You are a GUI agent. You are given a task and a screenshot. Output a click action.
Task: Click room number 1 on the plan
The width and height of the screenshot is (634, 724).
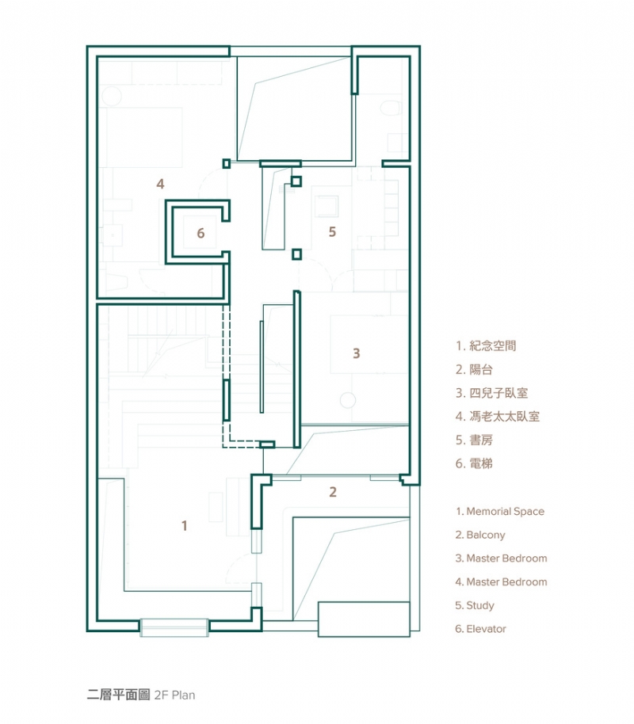(x=185, y=525)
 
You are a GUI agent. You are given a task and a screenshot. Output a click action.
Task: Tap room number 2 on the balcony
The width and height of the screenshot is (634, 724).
(x=333, y=492)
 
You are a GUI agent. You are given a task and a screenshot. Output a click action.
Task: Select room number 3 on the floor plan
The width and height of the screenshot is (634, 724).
(x=357, y=353)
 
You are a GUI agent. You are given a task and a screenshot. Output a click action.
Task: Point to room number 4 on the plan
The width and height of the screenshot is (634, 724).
(x=160, y=184)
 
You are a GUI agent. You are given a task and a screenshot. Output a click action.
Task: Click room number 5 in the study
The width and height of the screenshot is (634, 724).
(x=333, y=231)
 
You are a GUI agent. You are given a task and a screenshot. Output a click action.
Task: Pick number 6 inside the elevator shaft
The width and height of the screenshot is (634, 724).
(x=201, y=233)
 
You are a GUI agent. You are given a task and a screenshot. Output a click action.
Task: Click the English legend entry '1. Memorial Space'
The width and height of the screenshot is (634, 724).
(x=499, y=512)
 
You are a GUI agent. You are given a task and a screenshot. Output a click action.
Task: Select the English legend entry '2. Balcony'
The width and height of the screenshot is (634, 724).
(x=480, y=535)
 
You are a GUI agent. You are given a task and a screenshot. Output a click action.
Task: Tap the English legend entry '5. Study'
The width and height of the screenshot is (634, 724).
(x=475, y=605)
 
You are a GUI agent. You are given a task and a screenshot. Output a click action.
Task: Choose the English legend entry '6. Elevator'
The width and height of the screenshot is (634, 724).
(x=480, y=629)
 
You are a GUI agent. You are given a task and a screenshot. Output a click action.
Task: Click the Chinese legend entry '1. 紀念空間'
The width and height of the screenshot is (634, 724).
(x=487, y=345)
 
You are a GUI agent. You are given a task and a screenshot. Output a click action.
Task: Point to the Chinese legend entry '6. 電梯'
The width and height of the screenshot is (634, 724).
(x=474, y=463)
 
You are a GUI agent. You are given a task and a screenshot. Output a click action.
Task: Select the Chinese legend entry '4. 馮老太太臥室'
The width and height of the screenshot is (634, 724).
(x=498, y=416)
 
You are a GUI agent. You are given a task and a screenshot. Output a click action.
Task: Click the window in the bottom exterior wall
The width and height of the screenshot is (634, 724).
(x=174, y=627)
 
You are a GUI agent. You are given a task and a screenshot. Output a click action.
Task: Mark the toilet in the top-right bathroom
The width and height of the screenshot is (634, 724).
(x=391, y=108)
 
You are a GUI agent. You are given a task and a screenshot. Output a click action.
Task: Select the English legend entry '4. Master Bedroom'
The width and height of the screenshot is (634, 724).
(x=501, y=582)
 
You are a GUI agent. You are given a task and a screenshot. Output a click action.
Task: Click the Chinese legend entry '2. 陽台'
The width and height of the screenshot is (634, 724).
(x=474, y=369)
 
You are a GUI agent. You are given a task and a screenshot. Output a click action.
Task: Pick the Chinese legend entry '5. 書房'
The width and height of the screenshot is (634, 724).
(x=474, y=440)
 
